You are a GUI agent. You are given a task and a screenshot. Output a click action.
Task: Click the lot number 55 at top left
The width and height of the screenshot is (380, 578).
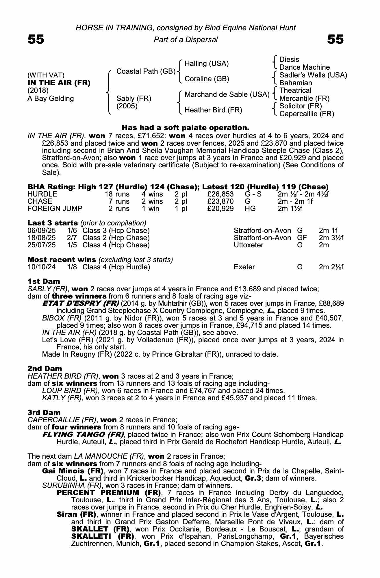coord(36,39)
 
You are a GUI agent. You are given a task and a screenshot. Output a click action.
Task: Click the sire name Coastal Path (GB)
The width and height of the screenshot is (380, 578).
coord(146,71)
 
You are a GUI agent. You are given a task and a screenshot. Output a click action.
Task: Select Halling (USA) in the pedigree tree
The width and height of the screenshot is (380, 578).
coord(206,64)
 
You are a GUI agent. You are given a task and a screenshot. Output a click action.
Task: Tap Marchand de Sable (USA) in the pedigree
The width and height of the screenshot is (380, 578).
coord(227,95)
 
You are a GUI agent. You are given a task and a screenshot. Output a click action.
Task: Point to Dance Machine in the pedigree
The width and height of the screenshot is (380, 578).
coord(304,67)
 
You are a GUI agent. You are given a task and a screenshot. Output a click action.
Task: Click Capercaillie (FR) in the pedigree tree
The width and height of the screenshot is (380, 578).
coord(306,114)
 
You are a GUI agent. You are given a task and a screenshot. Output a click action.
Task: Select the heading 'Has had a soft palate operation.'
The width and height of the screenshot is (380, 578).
coord(185,128)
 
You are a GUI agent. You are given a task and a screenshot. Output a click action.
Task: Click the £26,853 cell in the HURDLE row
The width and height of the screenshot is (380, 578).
coord(220,194)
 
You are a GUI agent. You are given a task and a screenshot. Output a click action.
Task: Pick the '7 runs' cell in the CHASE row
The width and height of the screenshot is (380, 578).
coord(119,201)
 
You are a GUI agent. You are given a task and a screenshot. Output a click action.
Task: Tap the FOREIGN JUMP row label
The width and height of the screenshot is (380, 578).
coord(55,209)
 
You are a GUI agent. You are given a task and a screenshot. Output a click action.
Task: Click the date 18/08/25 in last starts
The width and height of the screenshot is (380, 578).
coord(42,238)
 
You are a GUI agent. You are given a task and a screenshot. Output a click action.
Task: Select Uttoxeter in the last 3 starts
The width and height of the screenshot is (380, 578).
coord(248,245)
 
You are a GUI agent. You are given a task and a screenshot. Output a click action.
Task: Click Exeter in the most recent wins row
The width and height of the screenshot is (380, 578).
coord(244,267)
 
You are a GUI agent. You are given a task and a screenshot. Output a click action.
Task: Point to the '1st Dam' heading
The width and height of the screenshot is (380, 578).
coord(44,281)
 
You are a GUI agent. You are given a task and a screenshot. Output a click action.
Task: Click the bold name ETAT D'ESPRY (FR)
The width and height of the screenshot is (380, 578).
coord(81,304)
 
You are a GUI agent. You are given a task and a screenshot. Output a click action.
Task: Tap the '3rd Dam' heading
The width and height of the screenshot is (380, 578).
coord(44,413)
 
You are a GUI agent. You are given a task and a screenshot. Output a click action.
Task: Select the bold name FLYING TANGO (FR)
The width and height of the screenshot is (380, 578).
coord(83,435)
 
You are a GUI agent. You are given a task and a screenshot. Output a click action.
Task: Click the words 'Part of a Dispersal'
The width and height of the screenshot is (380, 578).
coord(186,40)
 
